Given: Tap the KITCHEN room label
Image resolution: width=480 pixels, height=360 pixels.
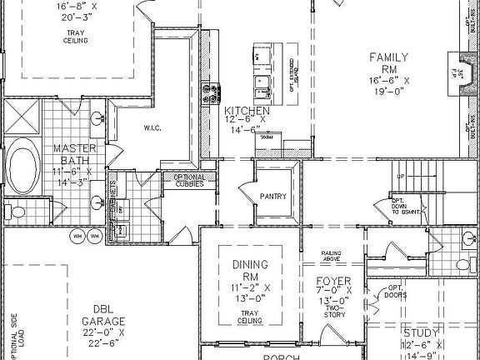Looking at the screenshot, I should [x=247, y=110].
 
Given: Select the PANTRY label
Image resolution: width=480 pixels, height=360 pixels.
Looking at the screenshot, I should [x=272, y=197].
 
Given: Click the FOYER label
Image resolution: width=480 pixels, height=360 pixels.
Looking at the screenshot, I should [x=332, y=281].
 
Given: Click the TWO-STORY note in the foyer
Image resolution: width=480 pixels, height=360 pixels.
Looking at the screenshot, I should [x=332, y=312].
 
